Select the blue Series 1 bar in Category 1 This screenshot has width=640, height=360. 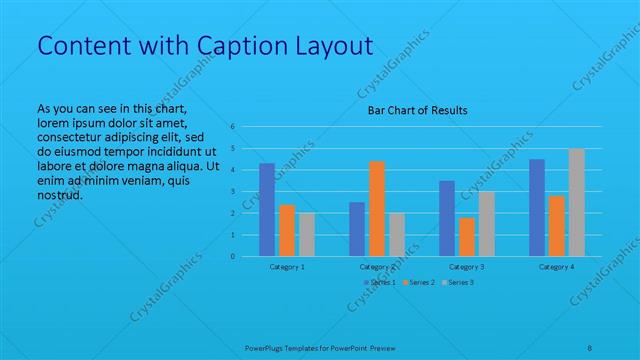(x=267, y=209)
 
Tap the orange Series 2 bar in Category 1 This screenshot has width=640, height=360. (x=287, y=230)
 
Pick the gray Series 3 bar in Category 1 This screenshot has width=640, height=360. (x=306, y=234)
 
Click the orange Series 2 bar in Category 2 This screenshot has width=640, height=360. (x=377, y=208)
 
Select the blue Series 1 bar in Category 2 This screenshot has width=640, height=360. (x=357, y=229)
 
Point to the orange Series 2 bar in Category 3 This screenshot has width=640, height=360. (x=467, y=236)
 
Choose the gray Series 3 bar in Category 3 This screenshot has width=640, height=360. (x=486, y=223)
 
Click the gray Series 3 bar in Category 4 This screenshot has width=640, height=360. (x=576, y=202)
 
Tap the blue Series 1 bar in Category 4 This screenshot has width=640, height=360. (x=537, y=207)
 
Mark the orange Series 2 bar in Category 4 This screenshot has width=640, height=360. (x=557, y=226)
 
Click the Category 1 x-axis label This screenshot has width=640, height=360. (x=287, y=268)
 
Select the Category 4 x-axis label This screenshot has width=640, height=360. (x=557, y=268)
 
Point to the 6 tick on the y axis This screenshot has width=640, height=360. (x=232, y=127)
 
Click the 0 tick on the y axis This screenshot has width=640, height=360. (x=232, y=256)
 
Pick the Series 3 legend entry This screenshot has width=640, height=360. (x=459, y=283)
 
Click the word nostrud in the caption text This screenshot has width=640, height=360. (x=59, y=195)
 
